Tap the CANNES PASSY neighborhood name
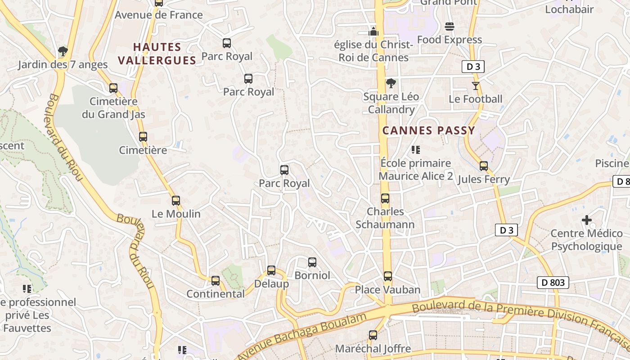[x=428, y=130]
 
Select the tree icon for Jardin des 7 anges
[x=63, y=51]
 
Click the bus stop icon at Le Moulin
[x=176, y=201]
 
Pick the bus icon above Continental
[x=216, y=281]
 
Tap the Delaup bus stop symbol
[x=271, y=270]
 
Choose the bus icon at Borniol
[x=312, y=262]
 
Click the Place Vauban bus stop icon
[x=388, y=276]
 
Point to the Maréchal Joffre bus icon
[x=373, y=335]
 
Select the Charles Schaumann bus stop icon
[x=385, y=198]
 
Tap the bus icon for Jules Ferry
[x=484, y=166]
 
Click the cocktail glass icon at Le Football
[x=476, y=85]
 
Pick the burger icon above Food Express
[x=449, y=27]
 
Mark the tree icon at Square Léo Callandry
[x=391, y=83]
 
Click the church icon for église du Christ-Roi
[x=373, y=31]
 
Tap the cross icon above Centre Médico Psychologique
[x=587, y=220]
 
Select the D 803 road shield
[x=553, y=283]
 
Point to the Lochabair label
[x=569, y=9]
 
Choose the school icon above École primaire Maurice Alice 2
[x=416, y=149]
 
